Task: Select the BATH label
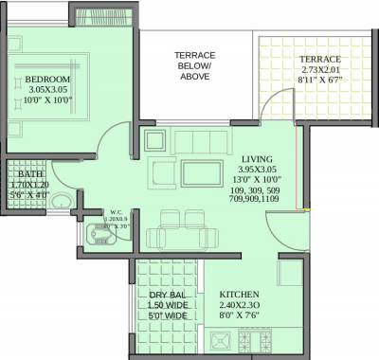point(29,174)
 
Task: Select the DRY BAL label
point(167,296)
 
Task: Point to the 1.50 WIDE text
point(167,306)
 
